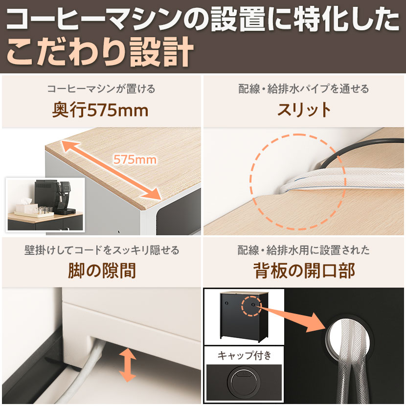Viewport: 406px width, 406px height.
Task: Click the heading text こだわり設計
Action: click(100, 52)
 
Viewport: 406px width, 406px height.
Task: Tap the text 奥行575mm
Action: click(100, 111)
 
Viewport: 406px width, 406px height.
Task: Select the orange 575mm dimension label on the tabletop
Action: click(135, 159)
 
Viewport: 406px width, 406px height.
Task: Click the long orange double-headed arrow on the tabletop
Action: click(112, 170)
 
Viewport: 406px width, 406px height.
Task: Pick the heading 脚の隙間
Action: click(102, 271)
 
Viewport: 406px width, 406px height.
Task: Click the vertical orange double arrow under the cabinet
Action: click(127, 365)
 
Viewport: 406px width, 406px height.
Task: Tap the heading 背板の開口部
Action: click(304, 271)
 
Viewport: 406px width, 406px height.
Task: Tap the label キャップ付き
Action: click(244, 355)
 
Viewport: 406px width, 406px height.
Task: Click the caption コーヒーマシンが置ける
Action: click(101, 89)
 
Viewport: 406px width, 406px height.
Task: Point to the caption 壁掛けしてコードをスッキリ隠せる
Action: click(102, 250)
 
